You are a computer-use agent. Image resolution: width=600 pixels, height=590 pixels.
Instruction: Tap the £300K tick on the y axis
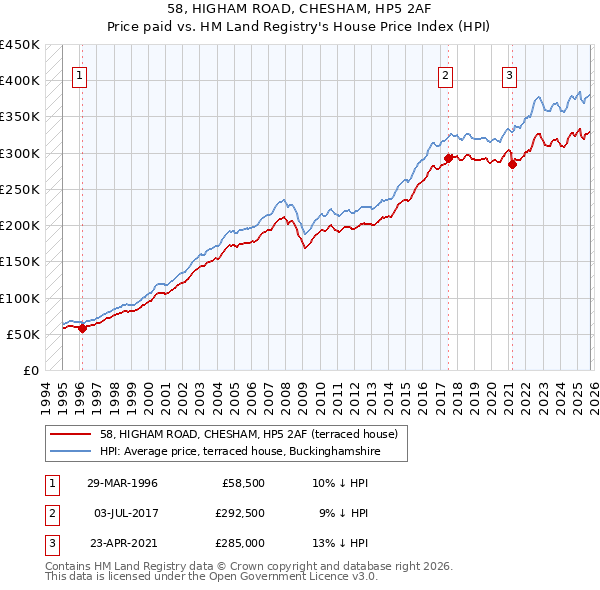click(20, 153)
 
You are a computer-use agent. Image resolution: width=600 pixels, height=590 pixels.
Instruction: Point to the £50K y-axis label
click(23, 334)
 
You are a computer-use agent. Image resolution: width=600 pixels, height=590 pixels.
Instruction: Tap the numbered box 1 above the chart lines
click(80, 75)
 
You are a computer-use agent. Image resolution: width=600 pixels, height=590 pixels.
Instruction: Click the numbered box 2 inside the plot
click(446, 75)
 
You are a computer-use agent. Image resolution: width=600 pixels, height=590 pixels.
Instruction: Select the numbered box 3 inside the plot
click(509, 75)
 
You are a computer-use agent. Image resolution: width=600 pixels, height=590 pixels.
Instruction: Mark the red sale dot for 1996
click(82, 329)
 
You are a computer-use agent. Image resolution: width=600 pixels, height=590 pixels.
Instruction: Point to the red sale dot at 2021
click(512, 164)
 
